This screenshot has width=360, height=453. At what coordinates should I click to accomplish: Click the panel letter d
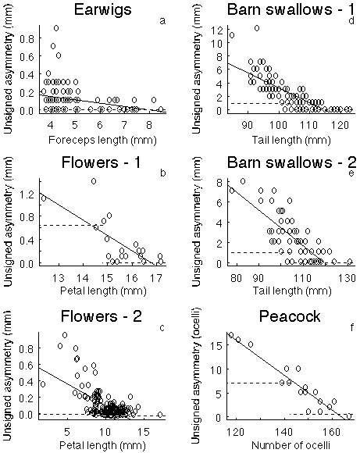click(350, 21)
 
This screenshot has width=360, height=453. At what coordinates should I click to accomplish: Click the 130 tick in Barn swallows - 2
click(347, 279)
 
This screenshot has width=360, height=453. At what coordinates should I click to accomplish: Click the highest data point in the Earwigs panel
click(56, 28)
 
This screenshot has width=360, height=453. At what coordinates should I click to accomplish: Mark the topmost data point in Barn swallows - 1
click(256, 28)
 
